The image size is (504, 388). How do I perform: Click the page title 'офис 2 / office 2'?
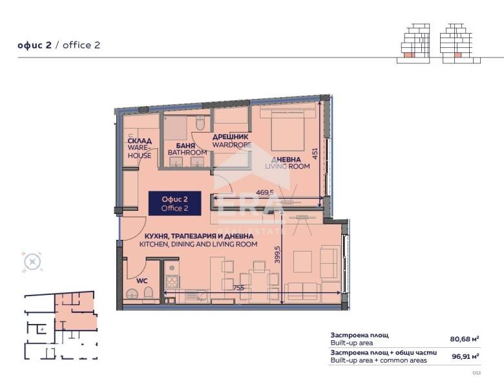(59, 45)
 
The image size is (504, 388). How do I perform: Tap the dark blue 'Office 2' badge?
(174, 203)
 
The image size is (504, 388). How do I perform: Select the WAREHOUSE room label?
(140, 148)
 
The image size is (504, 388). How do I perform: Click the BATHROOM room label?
(187, 149)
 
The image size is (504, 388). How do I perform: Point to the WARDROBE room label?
(231, 141)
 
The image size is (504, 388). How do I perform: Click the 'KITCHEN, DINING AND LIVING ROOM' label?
(199, 241)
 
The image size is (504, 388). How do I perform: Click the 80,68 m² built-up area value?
(464, 338)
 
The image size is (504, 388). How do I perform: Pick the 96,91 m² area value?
(464, 356)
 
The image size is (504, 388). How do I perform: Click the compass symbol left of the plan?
(32, 262)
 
